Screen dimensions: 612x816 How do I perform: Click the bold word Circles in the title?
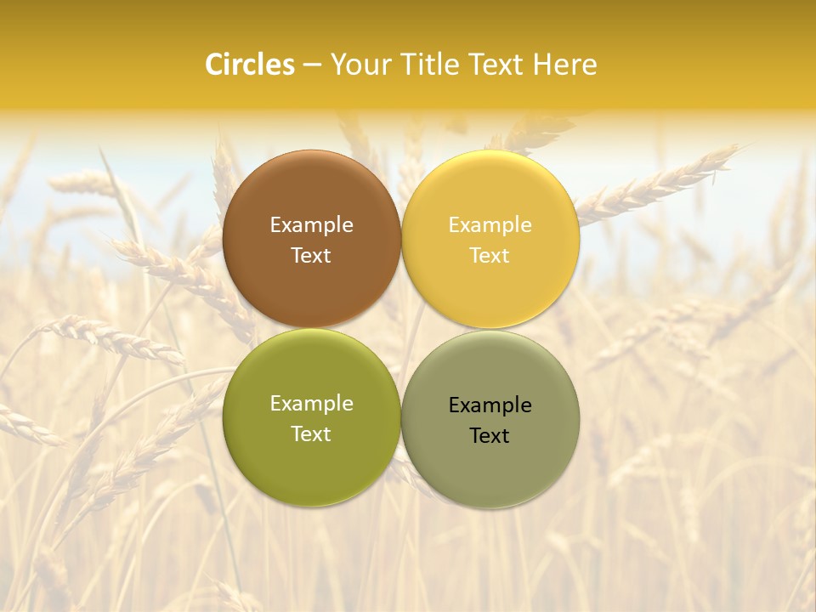tap(250, 65)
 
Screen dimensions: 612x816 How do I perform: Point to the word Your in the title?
tap(355, 65)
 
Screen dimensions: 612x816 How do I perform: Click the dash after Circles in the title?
tap(312, 65)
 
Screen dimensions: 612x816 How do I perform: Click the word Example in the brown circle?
tap(311, 225)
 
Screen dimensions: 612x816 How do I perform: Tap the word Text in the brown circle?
tap(311, 256)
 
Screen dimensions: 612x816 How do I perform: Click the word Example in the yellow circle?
tap(490, 225)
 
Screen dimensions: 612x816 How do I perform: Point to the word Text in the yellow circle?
tap(490, 256)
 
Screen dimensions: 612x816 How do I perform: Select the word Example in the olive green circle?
tap(311, 404)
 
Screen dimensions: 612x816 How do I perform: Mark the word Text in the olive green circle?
tap(311, 434)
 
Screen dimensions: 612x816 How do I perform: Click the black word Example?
tap(490, 405)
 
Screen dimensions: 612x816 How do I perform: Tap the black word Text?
tap(490, 436)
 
